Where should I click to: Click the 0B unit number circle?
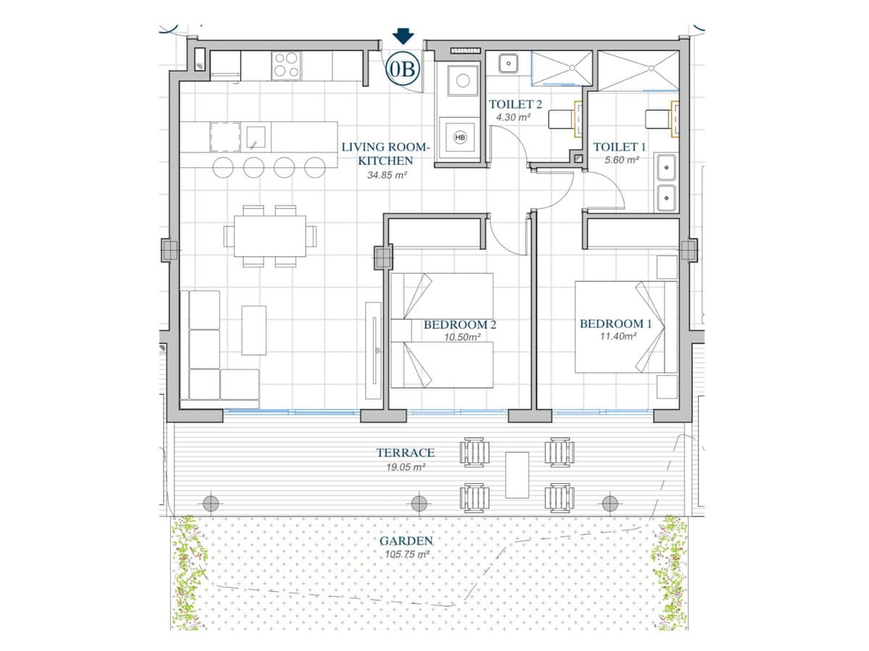[x=402, y=69]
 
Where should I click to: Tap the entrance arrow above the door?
[x=403, y=36]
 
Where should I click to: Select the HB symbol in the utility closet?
[x=460, y=137]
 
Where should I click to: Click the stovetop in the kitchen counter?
[x=286, y=65]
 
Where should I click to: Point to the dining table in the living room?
[x=269, y=236]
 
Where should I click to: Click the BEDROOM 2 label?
[x=460, y=325]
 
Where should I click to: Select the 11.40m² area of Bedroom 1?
[x=618, y=336]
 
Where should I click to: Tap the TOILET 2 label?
[x=515, y=104]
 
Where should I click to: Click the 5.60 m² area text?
[x=621, y=160]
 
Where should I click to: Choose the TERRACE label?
[x=405, y=452]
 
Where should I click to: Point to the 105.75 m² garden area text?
[x=406, y=554]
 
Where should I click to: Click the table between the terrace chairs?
[x=517, y=475]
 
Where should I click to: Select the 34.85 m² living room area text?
[x=387, y=175]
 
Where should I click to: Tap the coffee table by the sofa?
[x=253, y=330]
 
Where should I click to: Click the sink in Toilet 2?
[x=508, y=63]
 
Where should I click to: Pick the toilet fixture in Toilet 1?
[x=662, y=119]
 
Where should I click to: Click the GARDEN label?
[x=406, y=541]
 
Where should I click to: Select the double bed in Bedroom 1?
[x=626, y=327]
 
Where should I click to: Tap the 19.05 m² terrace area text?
[x=406, y=467]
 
